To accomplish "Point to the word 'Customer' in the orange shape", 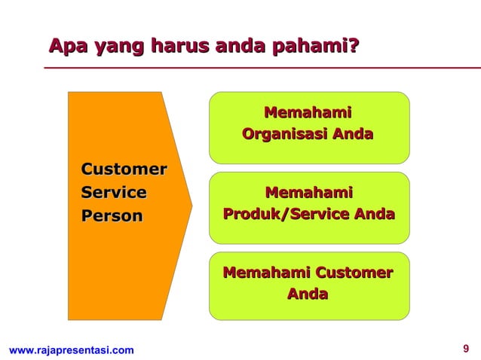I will [124, 169].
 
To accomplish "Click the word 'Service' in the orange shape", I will [114, 193].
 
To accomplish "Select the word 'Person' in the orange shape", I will [112, 216].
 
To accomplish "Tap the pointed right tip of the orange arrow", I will [191, 205].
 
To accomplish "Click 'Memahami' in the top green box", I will [308, 114].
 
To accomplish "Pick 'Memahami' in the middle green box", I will [308, 194].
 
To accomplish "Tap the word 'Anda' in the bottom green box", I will [308, 294].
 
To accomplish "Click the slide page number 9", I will [466, 349].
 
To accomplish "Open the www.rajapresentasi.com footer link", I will [71, 349].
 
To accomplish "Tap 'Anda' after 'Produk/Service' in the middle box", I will [375, 215].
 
